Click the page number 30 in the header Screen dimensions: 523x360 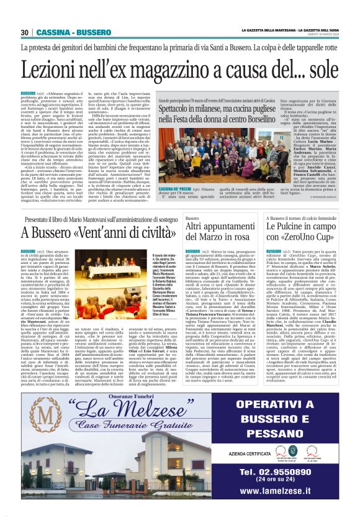pyautogui.click(x=25, y=32)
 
